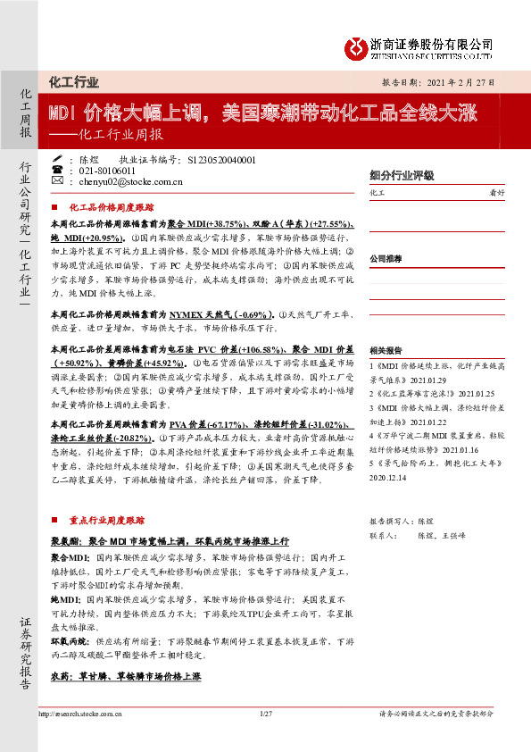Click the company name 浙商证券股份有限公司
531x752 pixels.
coord(430,43)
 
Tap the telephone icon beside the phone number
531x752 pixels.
coord(58,171)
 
